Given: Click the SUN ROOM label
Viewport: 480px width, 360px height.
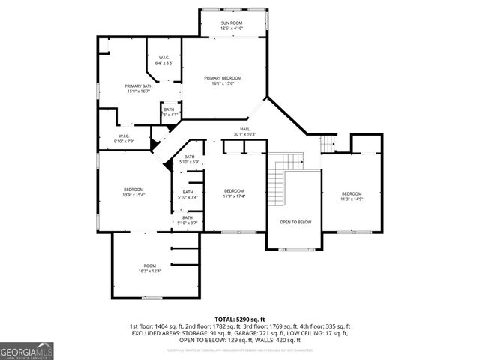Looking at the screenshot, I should (232, 23).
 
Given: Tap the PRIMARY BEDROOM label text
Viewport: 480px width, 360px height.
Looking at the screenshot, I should (223, 77).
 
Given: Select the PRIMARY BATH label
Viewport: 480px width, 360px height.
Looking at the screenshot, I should (139, 86).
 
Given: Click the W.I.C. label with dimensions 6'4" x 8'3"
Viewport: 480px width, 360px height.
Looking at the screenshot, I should (164, 58).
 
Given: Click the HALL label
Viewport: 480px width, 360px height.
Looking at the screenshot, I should (244, 129).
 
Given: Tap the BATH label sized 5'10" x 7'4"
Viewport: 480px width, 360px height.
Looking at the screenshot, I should (188, 192).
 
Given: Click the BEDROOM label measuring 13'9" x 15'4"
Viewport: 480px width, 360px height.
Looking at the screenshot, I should (133, 189).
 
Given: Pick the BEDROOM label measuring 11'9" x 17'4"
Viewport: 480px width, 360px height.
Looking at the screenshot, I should (235, 190).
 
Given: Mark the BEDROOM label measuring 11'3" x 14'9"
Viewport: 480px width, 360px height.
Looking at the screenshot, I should (352, 193).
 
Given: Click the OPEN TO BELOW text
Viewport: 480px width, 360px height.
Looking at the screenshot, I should (295, 222).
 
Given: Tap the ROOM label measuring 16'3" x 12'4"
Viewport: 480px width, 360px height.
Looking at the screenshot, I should (150, 265).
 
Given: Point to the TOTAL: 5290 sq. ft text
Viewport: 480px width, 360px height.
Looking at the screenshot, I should (240, 319).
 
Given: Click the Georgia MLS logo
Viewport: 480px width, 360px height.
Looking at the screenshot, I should (25, 349).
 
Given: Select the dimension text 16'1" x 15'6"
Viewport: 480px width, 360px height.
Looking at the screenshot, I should (223, 83).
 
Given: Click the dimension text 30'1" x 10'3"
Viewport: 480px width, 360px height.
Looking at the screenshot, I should (244, 134).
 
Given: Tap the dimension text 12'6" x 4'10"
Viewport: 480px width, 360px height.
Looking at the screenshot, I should (232, 28).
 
